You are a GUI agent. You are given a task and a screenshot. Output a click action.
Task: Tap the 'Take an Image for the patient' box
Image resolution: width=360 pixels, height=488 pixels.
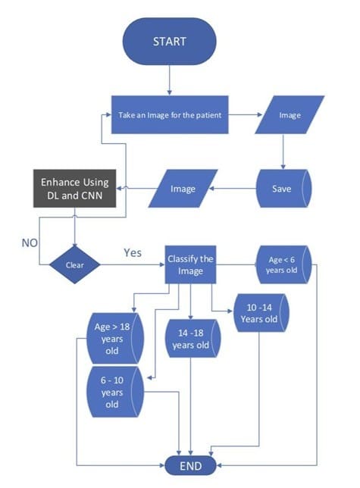169,115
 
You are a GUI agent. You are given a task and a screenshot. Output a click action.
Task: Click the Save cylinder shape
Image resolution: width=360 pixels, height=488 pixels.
283,189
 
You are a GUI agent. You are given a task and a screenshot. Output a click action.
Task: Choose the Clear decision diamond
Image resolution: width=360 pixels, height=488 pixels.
74,265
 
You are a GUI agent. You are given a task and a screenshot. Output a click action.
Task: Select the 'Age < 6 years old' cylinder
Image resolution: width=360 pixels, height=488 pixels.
282,265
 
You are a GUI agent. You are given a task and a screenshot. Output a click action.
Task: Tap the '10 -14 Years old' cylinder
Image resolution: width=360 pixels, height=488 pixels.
261,314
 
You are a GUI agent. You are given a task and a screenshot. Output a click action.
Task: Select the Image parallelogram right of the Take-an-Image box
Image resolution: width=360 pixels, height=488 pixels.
290,116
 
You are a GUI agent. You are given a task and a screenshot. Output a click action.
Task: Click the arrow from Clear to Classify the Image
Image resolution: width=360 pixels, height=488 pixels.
133,266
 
